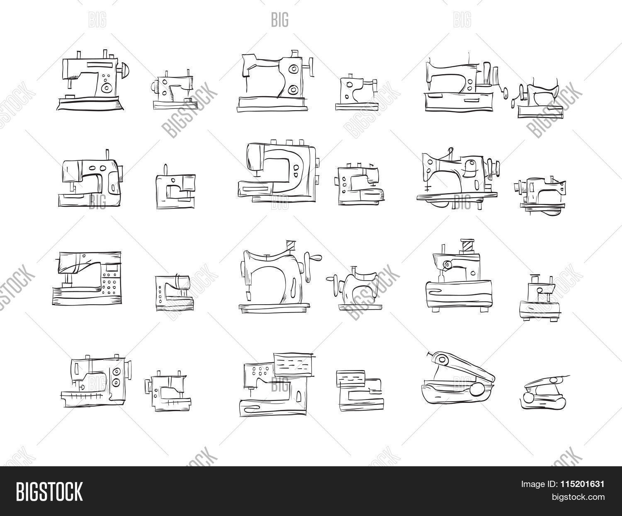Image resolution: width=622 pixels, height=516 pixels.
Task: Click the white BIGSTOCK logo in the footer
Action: click(49, 491)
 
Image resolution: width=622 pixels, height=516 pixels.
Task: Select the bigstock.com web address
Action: click(578, 497)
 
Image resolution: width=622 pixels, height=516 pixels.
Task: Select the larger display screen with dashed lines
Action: click(294, 365)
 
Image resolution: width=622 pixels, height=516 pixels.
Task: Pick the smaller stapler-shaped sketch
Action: click(544, 392)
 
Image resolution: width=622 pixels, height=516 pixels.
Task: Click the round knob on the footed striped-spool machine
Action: click(447, 264)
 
